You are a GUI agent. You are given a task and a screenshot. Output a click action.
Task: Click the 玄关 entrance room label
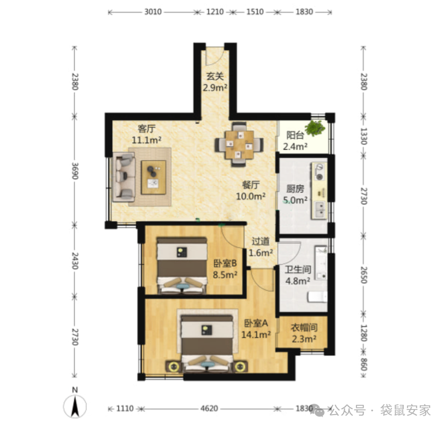click(x=215, y=76)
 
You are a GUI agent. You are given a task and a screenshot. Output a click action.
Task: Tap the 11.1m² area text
click(x=147, y=140)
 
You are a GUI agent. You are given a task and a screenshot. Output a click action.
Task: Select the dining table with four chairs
click(x=239, y=144)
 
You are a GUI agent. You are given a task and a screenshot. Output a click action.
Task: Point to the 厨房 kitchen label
click(x=295, y=189)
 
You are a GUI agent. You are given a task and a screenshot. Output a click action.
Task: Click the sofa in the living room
click(x=124, y=177)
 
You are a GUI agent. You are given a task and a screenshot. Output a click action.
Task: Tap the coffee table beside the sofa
click(x=153, y=177)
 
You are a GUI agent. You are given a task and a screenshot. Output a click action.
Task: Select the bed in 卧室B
click(x=182, y=265)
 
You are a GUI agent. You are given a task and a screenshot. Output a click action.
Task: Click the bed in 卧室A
click(x=207, y=344)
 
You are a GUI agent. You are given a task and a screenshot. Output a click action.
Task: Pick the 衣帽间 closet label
click(x=304, y=328)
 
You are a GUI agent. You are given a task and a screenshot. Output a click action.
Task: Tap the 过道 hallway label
click(x=260, y=241)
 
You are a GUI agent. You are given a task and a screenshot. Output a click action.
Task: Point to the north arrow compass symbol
click(x=75, y=406)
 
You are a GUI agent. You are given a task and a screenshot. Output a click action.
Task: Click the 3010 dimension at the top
click(x=153, y=12)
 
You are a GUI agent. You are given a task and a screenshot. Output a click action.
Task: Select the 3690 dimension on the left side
click(x=75, y=170)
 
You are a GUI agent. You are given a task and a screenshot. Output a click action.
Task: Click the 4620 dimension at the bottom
click(x=209, y=408)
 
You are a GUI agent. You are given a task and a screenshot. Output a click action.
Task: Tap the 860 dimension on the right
click(x=364, y=364)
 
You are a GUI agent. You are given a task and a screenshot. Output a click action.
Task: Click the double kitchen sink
click(x=319, y=209)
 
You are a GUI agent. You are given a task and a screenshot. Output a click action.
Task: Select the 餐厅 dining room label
click(x=251, y=185)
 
